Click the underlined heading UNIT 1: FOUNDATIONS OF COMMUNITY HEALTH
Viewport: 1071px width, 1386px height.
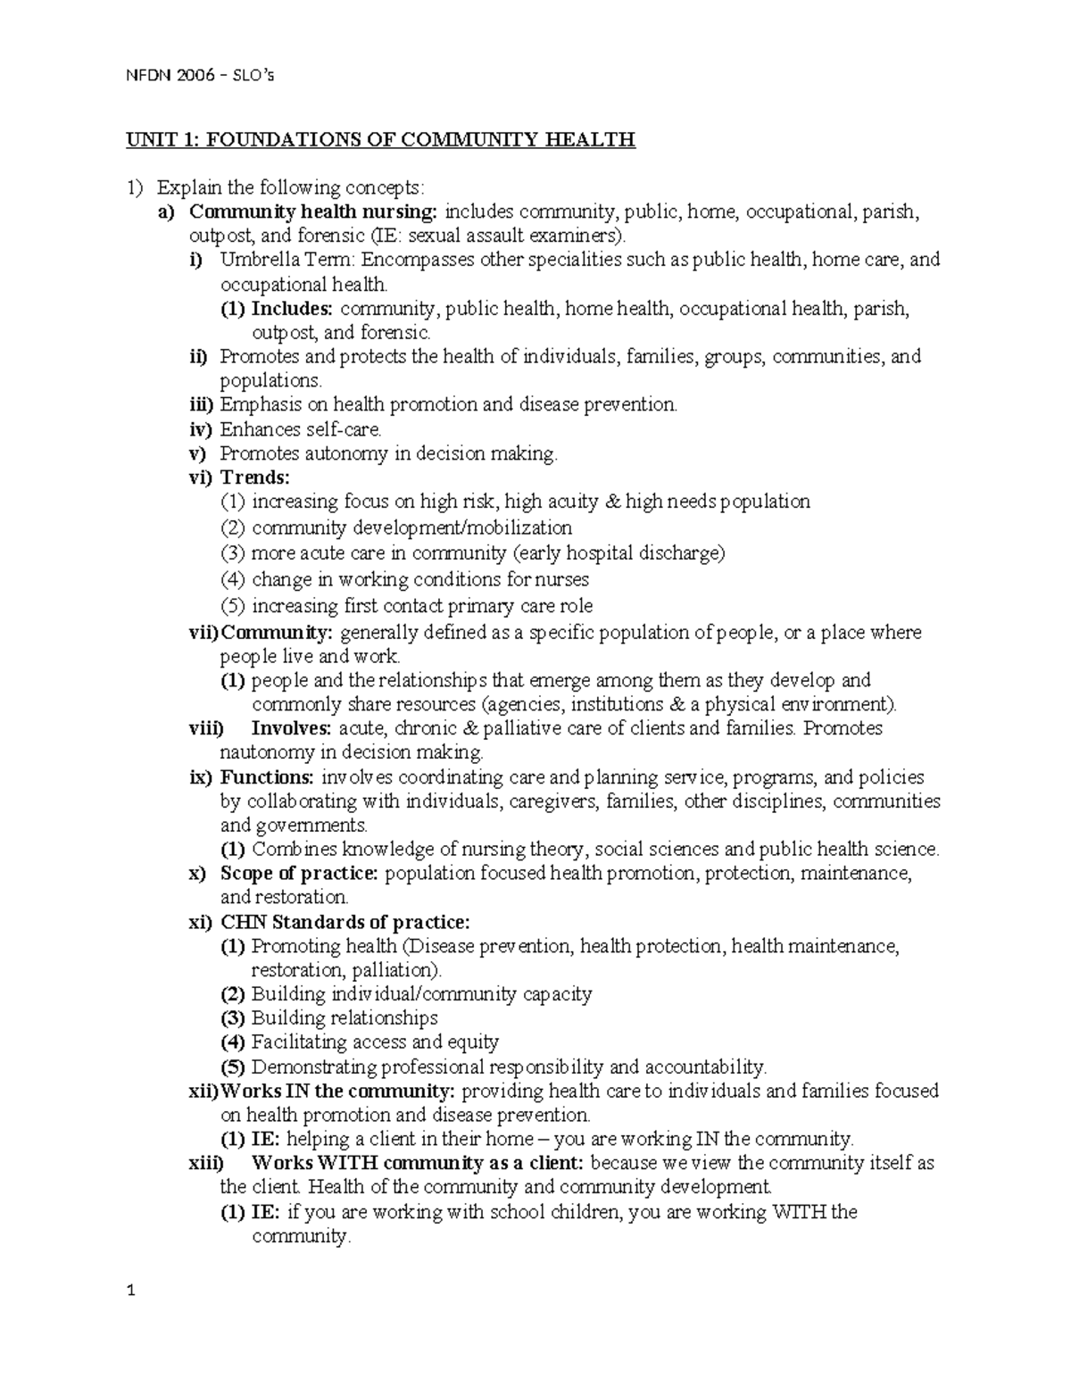(x=380, y=139)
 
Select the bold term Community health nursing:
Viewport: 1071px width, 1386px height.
(x=315, y=212)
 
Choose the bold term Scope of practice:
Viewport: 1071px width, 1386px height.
(x=300, y=873)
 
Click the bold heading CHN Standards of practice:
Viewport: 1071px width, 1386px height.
(x=345, y=922)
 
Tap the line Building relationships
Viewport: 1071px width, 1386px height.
(x=345, y=1018)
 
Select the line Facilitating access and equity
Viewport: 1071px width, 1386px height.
(x=375, y=1042)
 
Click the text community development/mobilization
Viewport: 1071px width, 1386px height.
(x=411, y=527)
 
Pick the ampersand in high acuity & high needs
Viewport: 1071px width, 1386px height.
(x=611, y=502)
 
